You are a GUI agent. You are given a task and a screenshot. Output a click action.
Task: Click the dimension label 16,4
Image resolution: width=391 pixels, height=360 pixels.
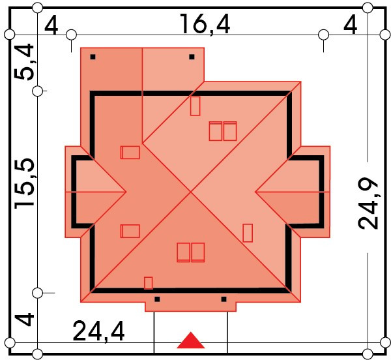pyautogui.click(x=205, y=24)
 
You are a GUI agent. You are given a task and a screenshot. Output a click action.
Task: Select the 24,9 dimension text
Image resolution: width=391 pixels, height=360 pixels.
pyautogui.click(x=368, y=203)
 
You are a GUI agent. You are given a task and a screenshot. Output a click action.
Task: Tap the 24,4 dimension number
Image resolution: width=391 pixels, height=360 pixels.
pyautogui.click(x=98, y=331)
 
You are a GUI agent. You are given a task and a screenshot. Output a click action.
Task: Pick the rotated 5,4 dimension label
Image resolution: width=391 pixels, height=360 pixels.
pyautogui.click(x=24, y=62)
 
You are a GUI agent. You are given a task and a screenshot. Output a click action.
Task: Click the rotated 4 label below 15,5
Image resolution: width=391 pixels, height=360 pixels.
pyautogui.click(x=25, y=320)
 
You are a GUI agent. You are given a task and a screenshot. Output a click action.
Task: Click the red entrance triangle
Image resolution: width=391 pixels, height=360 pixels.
pyautogui.click(x=191, y=340)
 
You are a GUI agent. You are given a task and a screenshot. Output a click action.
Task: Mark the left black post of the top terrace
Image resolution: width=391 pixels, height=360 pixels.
pyautogui.click(x=93, y=57)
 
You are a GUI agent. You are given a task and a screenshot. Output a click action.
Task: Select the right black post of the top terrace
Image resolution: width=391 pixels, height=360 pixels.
pyautogui.click(x=192, y=57)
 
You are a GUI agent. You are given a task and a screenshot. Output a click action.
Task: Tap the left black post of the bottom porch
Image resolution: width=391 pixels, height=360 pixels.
pyautogui.click(x=157, y=299)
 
